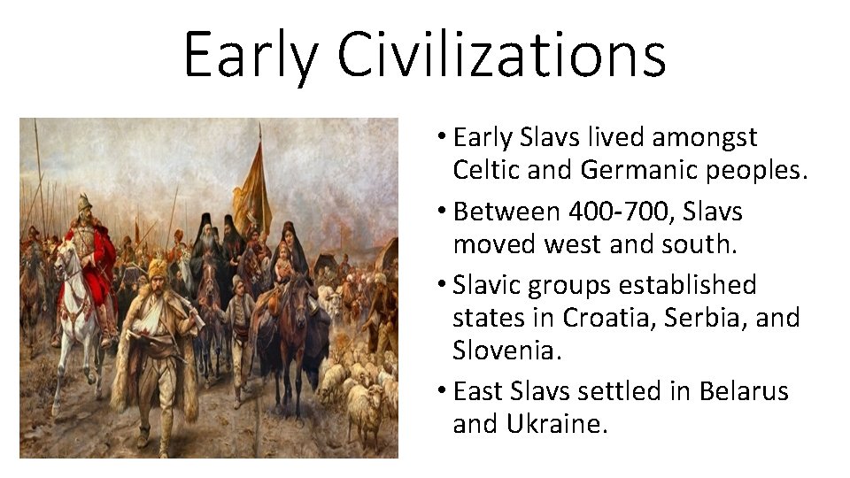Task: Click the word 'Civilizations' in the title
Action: [x=501, y=55]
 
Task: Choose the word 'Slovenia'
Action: [x=506, y=351]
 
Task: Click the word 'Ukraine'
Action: [x=556, y=423]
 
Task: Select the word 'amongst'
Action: [x=704, y=138]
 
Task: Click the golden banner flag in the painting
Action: [x=252, y=190]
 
